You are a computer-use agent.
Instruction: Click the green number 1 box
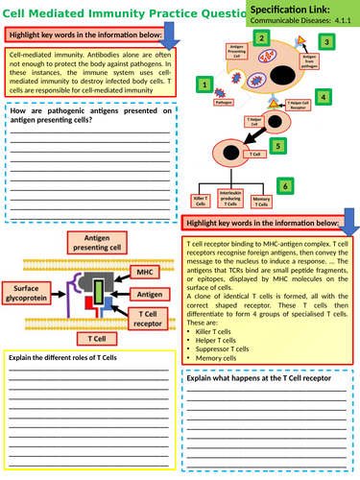coord(204,84)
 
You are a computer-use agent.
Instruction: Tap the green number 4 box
coord(324,97)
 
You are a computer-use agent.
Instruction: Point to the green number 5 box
coord(278,146)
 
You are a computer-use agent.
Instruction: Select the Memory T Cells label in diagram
coord(259,201)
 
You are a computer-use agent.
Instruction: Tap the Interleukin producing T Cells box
coord(227,198)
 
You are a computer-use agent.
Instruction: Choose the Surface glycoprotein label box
coord(31,293)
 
